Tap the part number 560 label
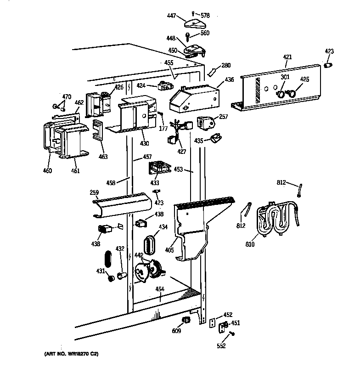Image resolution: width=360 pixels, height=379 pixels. click(204, 33)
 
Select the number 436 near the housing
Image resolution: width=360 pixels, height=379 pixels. click(229, 79)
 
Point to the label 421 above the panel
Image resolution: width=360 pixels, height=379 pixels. click(287, 57)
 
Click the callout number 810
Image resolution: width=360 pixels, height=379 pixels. click(250, 244)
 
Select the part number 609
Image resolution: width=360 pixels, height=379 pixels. click(177, 331)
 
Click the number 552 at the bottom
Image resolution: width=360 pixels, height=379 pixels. click(221, 346)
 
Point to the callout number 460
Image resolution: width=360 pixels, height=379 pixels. click(47, 171)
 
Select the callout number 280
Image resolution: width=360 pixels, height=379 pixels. click(226, 65)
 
